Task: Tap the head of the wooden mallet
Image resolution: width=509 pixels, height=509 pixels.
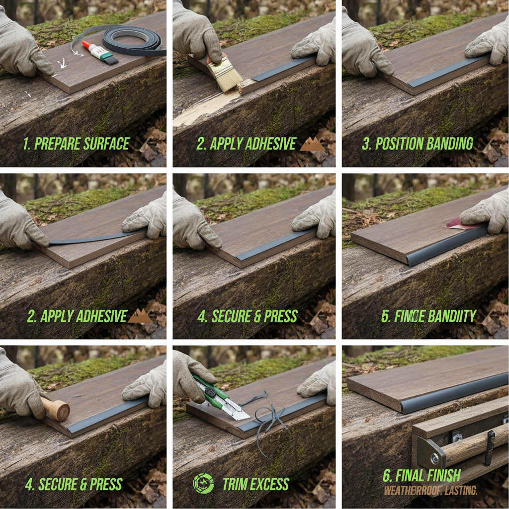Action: pos(59,410)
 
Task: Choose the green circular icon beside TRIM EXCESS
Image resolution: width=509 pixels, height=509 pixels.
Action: pos(203,483)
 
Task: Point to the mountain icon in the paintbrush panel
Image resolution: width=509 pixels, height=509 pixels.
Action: pos(312,144)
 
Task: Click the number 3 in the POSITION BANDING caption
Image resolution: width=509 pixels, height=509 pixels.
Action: pos(366,144)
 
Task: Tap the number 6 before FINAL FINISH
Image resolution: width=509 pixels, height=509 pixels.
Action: pos(387,476)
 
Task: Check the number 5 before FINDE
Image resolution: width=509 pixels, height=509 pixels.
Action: pos(385,316)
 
